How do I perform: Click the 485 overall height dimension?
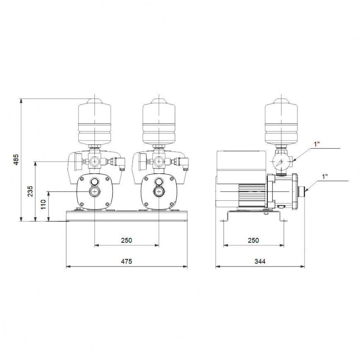(x=16, y=160)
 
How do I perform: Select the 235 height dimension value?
(x=30, y=191)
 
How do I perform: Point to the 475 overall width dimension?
(x=126, y=261)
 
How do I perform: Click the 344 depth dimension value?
(x=260, y=261)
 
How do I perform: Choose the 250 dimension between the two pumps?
(x=126, y=240)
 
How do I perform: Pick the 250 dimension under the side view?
(x=253, y=240)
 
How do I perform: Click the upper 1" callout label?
(x=317, y=144)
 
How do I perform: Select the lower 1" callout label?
(x=326, y=177)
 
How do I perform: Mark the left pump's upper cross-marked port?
(x=95, y=161)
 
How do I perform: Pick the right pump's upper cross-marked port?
(x=159, y=161)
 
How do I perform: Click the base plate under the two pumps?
(x=126, y=216)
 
